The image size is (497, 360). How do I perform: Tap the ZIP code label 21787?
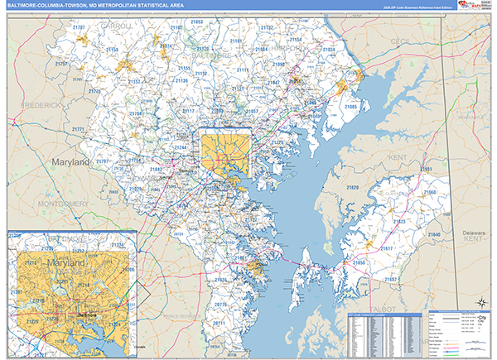79,27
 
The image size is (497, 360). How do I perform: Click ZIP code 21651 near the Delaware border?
425,169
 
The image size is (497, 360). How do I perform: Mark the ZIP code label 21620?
352,188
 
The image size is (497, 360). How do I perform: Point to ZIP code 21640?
434,235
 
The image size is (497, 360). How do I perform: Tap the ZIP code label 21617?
386,248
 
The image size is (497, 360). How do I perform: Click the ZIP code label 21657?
390,280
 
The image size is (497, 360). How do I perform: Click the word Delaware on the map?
473,233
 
